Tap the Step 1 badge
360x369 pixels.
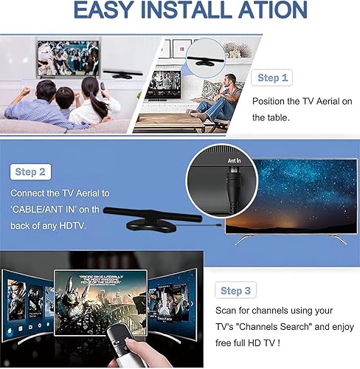[273, 77]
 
